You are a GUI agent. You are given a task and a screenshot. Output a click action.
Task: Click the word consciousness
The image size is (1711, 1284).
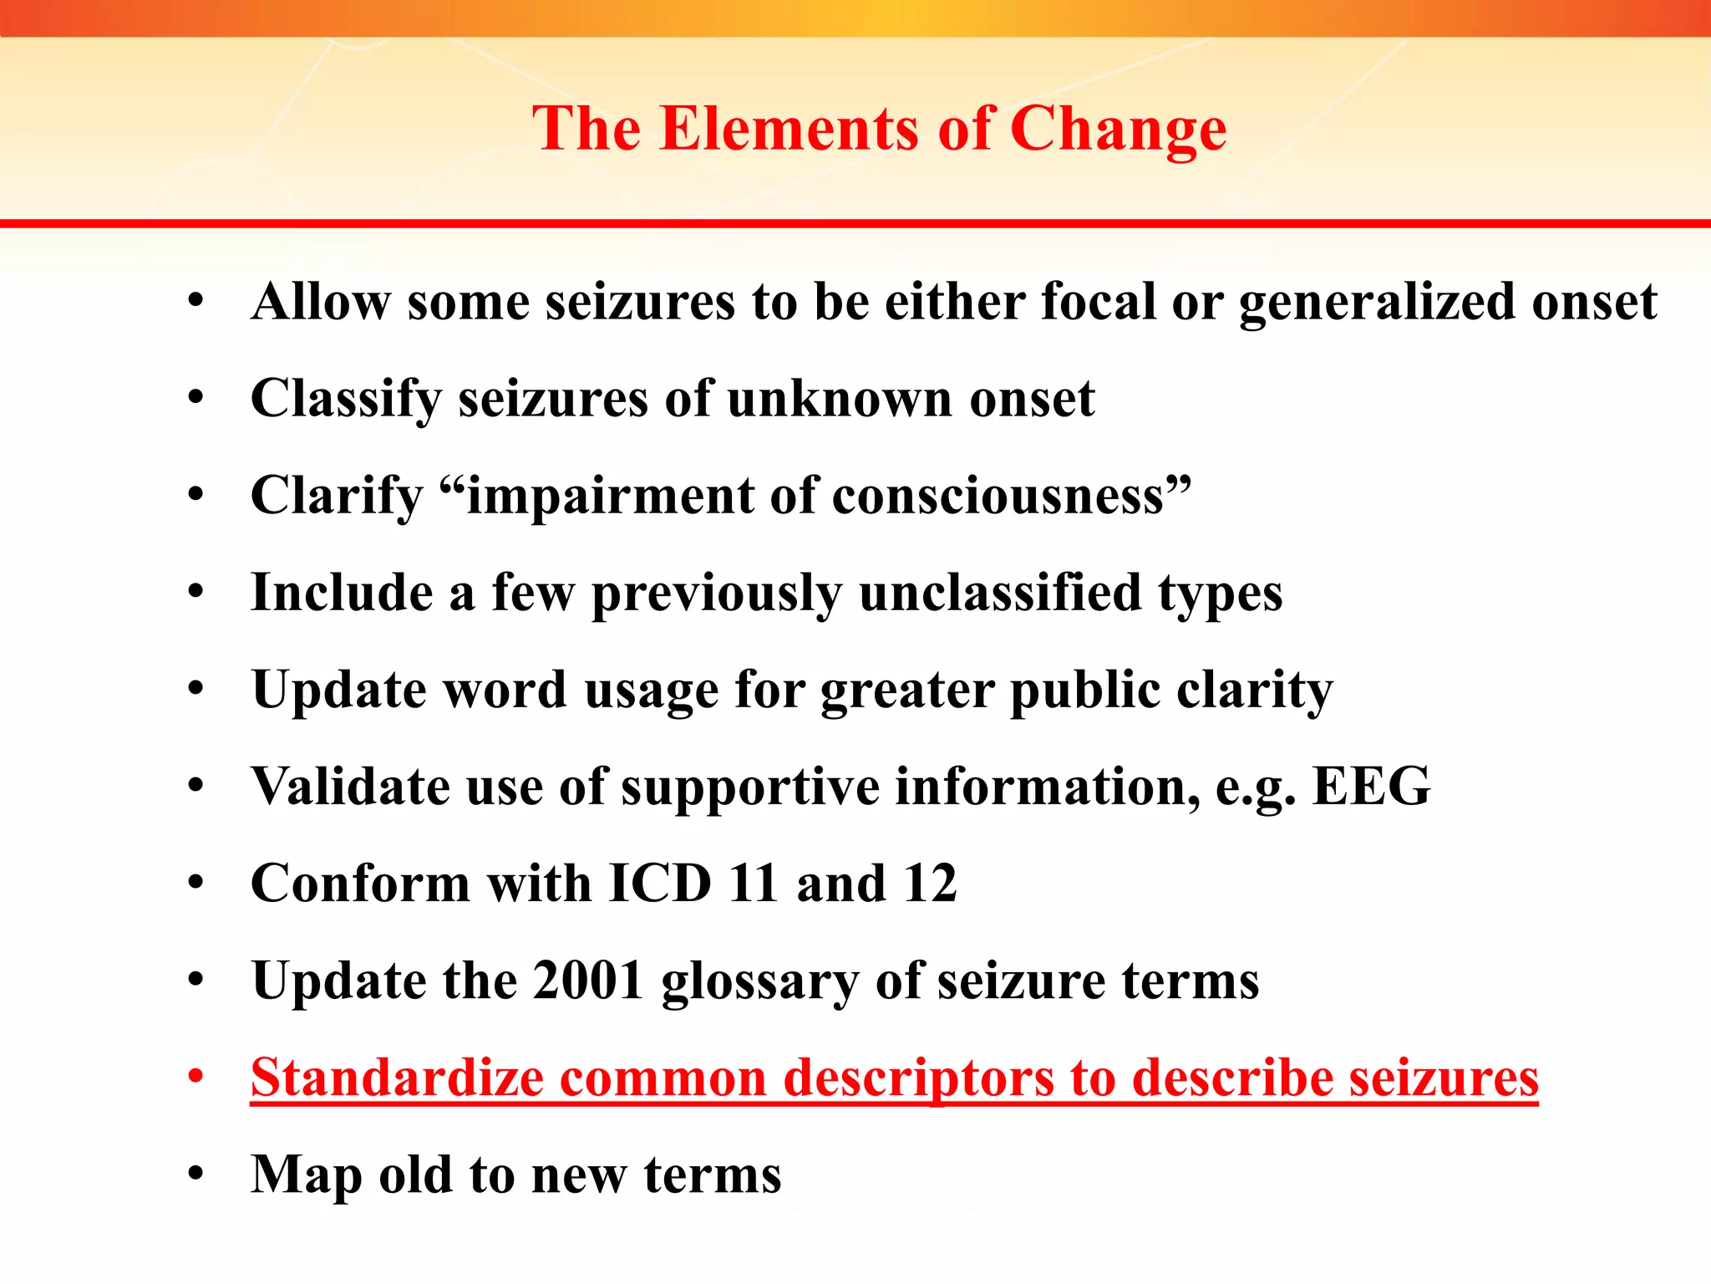coord(998,496)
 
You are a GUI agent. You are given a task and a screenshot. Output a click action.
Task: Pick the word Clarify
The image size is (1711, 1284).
coord(337,496)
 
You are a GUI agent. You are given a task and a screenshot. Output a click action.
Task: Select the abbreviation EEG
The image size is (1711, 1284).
coord(1371,787)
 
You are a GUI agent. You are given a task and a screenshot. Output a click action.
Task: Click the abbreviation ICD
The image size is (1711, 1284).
coord(660,884)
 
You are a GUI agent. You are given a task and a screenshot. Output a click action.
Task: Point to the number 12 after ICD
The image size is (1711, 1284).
coord(929,884)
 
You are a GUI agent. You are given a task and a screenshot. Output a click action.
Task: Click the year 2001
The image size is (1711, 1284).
coord(588,981)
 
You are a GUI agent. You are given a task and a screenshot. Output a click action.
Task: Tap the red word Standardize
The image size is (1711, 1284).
coord(397,1078)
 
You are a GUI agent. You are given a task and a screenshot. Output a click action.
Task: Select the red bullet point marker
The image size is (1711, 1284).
coord(195,1078)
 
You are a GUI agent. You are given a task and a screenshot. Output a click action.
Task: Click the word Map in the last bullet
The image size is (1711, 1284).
coord(307,1176)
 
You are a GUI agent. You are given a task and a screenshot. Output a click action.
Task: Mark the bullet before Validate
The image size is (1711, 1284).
coord(195,787)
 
